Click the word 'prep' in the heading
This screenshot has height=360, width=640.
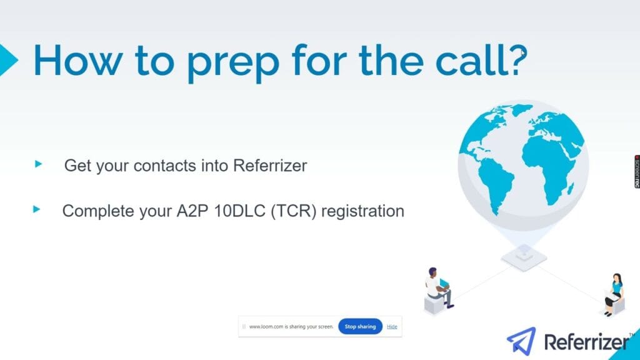[x=233, y=63]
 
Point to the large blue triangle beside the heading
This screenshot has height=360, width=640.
[x=8, y=60]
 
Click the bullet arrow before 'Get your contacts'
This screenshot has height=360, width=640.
[x=39, y=164]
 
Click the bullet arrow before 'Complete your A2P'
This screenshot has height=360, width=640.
[x=37, y=209]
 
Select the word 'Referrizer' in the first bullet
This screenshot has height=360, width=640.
[x=270, y=166]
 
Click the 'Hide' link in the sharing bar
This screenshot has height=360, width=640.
[x=392, y=326]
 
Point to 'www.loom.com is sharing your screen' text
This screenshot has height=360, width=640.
[x=291, y=326]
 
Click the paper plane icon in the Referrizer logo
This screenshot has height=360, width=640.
[x=522, y=341]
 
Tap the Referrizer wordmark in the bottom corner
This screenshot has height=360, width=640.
[x=587, y=342]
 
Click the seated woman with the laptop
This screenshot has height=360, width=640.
[x=614, y=294]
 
